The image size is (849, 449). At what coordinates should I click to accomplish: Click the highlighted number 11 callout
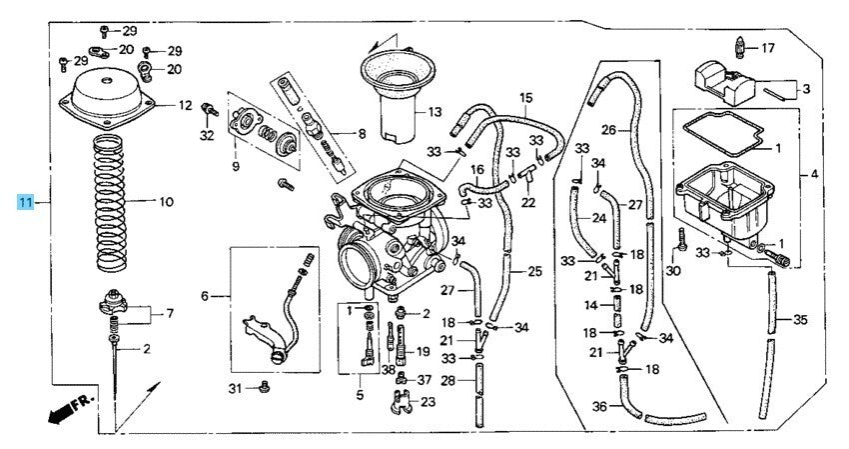pyautogui.click(x=26, y=202)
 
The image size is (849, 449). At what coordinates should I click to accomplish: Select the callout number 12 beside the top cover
pyautogui.click(x=185, y=105)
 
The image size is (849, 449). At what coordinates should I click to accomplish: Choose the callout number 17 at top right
pyautogui.click(x=767, y=47)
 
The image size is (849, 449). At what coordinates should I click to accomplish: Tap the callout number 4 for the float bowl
pyautogui.click(x=814, y=174)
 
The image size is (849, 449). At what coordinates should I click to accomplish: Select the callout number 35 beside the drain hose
pyautogui.click(x=799, y=320)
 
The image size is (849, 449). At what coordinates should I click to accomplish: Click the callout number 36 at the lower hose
pyautogui.click(x=599, y=406)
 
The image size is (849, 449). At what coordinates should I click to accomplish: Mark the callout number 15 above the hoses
pyautogui.click(x=525, y=97)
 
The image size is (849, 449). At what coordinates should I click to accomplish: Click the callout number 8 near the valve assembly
pyautogui.click(x=361, y=132)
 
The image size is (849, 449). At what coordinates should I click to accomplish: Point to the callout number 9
pyautogui.click(x=236, y=167)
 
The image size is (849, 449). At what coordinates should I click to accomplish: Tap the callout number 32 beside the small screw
pyautogui.click(x=206, y=134)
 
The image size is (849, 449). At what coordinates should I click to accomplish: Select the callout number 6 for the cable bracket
pyautogui.click(x=206, y=295)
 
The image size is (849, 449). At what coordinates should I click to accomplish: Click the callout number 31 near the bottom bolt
pyautogui.click(x=235, y=387)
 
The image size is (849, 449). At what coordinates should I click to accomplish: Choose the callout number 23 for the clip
pyautogui.click(x=427, y=402)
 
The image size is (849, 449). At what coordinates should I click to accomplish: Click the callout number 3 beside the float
pyautogui.click(x=805, y=88)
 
